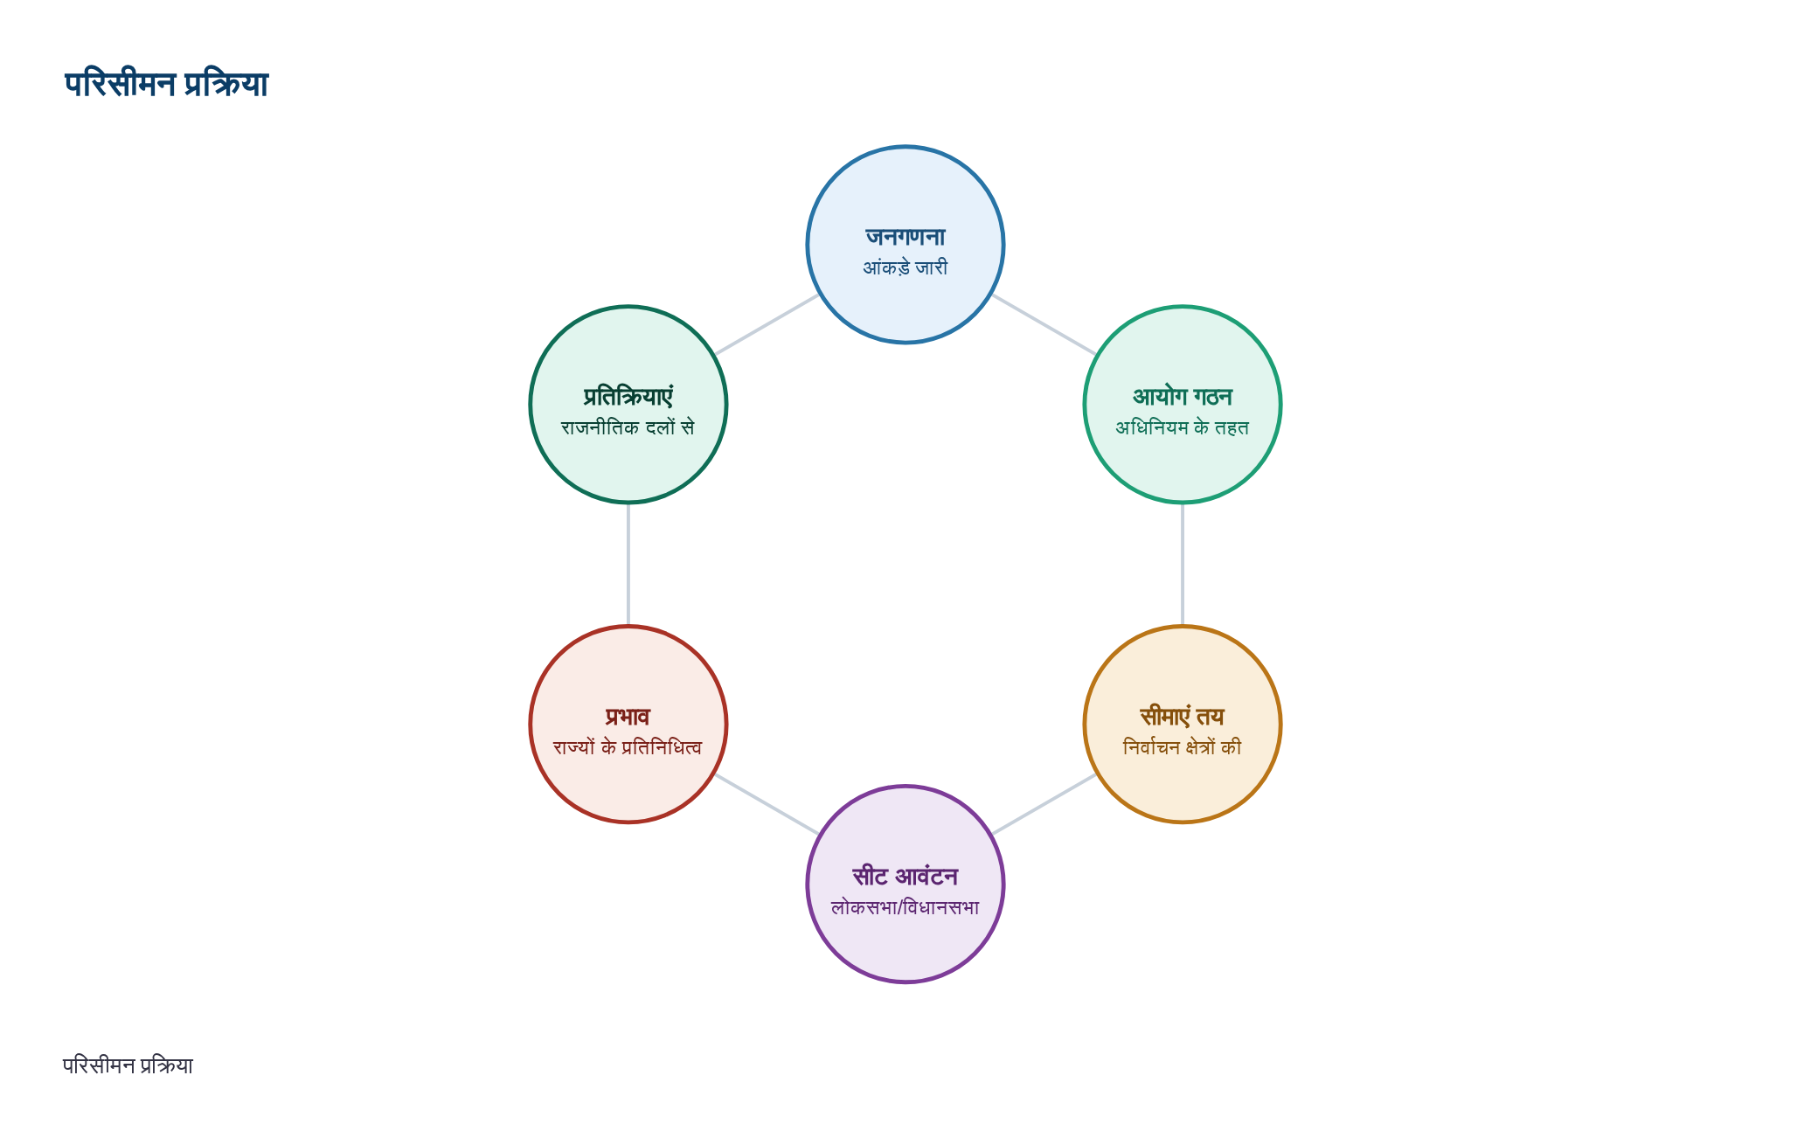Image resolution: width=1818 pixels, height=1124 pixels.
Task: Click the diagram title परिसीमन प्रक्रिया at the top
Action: tap(166, 84)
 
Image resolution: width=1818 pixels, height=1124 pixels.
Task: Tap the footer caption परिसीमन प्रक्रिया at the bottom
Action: tap(128, 1065)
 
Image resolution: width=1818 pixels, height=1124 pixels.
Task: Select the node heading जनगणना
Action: tap(906, 237)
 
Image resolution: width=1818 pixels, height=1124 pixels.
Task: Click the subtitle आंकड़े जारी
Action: tap(906, 267)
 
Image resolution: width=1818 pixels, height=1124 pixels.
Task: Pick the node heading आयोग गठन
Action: tap(1183, 397)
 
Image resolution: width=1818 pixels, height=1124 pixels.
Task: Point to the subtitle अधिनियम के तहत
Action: tap(1183, 427)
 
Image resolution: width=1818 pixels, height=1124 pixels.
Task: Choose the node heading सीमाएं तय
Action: tap(1183, 717)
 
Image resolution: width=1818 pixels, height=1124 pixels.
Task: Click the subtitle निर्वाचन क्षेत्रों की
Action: tap(1183, 747)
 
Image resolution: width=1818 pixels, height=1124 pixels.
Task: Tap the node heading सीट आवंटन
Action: tap(906, 877)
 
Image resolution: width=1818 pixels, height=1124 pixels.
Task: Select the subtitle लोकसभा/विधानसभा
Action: tap(906, 907)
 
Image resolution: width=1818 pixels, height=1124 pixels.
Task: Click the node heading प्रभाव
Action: tap(628, 717)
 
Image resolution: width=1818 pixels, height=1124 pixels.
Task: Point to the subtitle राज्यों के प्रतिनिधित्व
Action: tap(628, 747)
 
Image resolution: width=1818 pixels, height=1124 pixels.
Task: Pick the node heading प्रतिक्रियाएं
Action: tap(628, 397)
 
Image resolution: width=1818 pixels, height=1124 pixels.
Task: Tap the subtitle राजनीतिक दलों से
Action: tap(628, 427)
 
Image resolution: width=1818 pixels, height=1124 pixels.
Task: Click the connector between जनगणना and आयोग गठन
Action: tap(1044, 324)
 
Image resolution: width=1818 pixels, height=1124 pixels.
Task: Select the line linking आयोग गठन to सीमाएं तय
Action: tap(1183, 565)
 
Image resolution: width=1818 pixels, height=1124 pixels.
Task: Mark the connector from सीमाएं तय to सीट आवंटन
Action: tap(1044, 804)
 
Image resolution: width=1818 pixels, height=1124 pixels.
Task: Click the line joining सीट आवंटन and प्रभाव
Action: tap(767, 804)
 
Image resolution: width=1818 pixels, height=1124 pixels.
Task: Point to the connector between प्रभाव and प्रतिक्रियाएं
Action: tap(628, 565)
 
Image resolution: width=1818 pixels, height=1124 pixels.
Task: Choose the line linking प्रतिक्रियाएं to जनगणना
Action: tap(767, 324)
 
